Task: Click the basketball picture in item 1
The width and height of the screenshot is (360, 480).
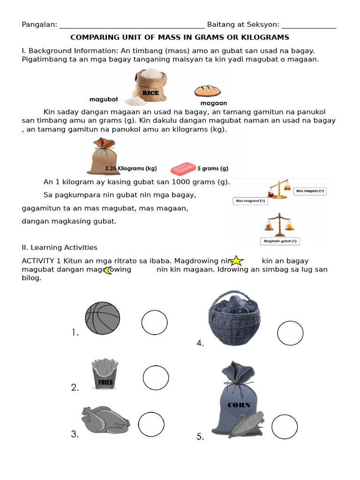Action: point(102,318)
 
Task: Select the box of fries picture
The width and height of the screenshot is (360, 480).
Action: point(105,374)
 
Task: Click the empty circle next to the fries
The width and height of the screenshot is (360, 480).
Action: point(156,378)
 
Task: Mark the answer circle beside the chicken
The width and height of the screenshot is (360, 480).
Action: point(151,425)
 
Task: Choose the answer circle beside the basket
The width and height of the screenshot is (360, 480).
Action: point(290,333)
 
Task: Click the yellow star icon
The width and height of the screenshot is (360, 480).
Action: point(237,261)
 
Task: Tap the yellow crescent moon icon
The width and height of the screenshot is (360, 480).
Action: point(108,270)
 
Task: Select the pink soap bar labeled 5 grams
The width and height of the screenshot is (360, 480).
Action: point(182,167)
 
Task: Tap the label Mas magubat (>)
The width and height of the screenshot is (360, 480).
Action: point(249,201)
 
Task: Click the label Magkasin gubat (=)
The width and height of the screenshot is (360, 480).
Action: point(280,241)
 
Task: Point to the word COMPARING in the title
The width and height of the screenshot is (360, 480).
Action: point(92,37)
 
